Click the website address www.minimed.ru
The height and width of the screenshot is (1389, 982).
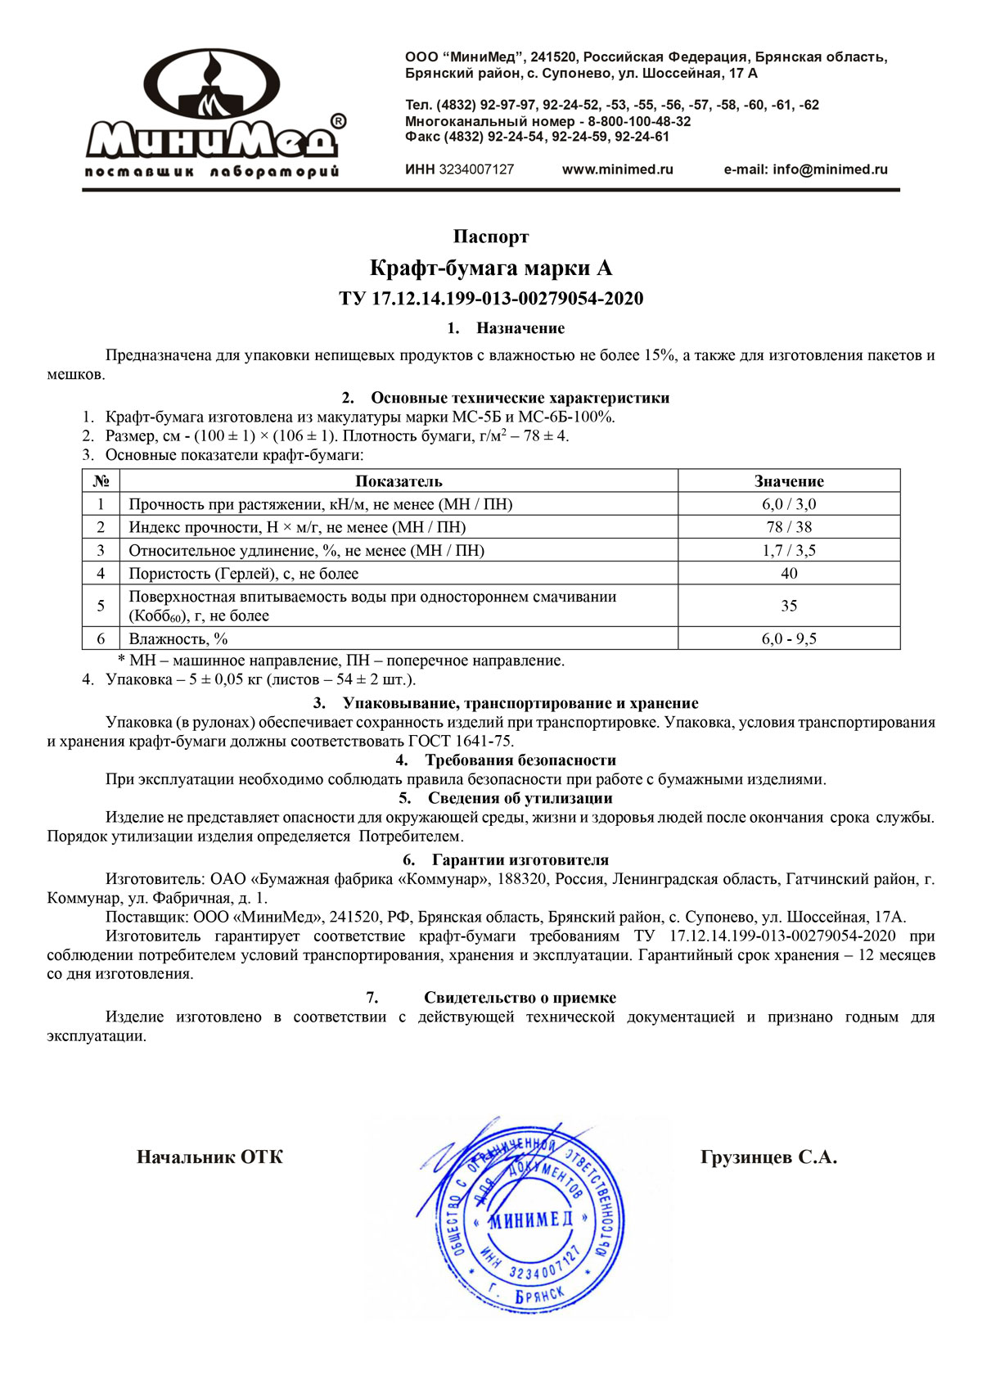coord(617,169)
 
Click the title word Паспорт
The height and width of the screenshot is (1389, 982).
coord(491,237)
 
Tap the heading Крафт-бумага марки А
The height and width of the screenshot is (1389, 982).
coord(491,268)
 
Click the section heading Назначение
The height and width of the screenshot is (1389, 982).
coord(520,328)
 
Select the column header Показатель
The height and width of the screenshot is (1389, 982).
coord(399,481)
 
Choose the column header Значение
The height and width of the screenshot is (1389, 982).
coord(789,481)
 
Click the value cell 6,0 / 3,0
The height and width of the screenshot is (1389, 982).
coord(789,504)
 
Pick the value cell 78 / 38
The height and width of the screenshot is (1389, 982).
coord(789,527)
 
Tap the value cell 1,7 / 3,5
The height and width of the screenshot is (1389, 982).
coord(789,550)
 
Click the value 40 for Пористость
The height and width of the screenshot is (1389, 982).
coord(789,573)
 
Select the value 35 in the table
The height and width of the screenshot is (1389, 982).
coord(789,606)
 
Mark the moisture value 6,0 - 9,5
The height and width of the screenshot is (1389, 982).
coord(789,638)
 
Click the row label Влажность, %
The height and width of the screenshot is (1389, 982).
coord(178,638)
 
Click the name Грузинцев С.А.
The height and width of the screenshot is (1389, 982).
coord(768,1157)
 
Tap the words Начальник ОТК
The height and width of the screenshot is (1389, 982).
coord(209,1157)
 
